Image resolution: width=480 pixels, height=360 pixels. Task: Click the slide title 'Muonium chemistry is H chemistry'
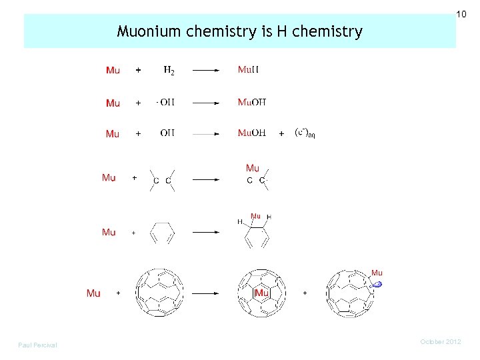point(239,31)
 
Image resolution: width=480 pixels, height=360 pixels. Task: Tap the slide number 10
point(461,14)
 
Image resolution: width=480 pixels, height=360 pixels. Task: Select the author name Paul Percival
point(38,345)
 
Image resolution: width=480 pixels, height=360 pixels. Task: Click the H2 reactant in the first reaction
point(169,70)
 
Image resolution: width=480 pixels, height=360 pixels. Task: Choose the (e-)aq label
point(305,133)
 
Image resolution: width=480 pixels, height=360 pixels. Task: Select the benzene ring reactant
point(163,233)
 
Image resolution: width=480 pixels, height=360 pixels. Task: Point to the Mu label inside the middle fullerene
point(261,293)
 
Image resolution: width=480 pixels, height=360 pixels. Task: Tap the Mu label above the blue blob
point(377,272)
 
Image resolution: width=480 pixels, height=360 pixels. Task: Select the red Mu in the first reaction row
point(113,70)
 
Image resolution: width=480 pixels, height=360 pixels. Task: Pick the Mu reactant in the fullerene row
point(93,293)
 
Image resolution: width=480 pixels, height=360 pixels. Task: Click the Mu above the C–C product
point(253,168)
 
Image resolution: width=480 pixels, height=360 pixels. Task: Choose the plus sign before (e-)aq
point(281,133)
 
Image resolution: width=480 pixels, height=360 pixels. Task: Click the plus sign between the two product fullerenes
point(305,293)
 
